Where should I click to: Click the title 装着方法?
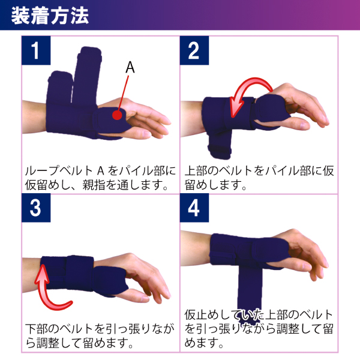click(50, 15)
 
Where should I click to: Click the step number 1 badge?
click(37, 52)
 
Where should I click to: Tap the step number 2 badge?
click(194, 52)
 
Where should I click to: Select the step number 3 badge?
click(37, 208)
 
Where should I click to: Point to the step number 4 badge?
click(194, 208)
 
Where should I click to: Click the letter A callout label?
click(130, 68)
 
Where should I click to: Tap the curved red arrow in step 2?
click(252, 90)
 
